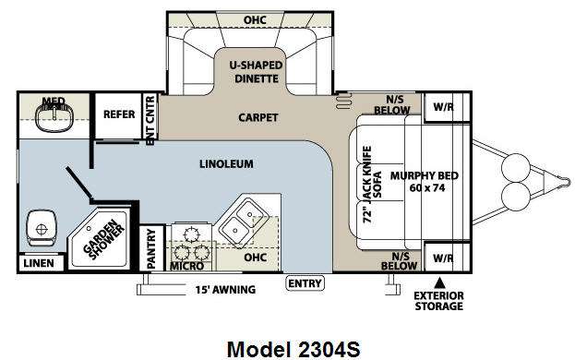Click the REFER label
click(x=119, y=114)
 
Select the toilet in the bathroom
click(x=41, y=228)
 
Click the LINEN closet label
click(x=39, y=263)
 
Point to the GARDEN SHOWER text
click(x=103, y=239)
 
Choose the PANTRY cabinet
click(x=151, y=248)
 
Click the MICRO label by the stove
click(x=187, y=266)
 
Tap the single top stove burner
click(x=191, y=234)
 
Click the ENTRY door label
click(x=305, y=283)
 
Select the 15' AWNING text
click(x=225, y=290)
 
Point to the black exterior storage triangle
click(x=440, y=282)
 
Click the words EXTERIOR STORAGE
click(x=438, y=301)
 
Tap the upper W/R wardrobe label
click(x=443, y=107)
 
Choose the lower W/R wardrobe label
click(x=443, y=258)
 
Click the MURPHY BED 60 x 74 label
click(x=425, y=182)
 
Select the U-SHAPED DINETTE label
click(x=256, y=72)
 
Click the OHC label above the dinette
click(x=255, y=19)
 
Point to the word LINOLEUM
click(x=226, y=164)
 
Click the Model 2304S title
click(x=293, y=349)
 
